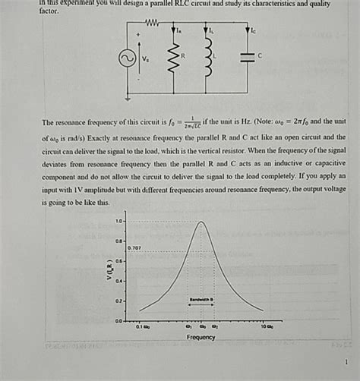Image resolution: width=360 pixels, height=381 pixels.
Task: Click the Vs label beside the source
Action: [146, 58]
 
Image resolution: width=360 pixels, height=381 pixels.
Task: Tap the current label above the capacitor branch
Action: [254, 32]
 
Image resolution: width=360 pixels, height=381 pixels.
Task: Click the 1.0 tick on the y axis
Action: [119, 221]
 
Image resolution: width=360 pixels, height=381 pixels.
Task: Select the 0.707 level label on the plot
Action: [134, 247]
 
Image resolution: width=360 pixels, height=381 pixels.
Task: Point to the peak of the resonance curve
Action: [201, 222]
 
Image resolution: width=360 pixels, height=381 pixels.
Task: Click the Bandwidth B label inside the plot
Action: [201, 300]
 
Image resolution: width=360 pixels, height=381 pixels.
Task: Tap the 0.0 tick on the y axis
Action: [119, 321]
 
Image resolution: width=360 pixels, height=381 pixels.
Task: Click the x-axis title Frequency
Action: [201, 337]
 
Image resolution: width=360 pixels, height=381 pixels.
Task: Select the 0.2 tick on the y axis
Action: [119, 301]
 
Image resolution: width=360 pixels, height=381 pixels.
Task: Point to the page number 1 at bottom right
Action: [346, 362]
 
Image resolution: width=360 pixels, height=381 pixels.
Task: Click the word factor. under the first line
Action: [48, 12]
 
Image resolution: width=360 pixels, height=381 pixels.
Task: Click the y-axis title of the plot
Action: [109, 270]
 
